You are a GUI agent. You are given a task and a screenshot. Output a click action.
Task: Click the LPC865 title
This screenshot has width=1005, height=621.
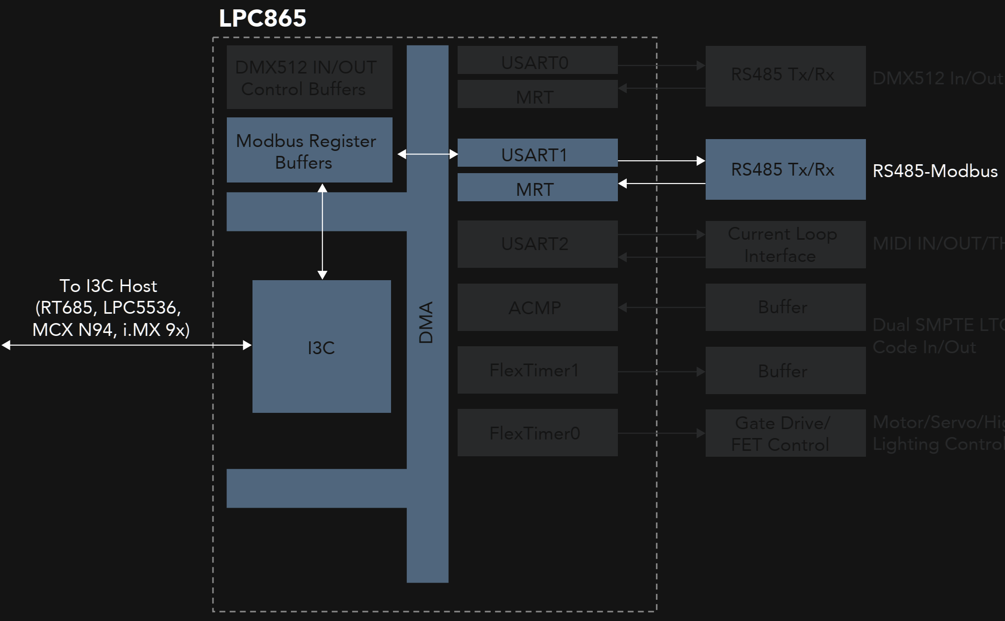(262, 19)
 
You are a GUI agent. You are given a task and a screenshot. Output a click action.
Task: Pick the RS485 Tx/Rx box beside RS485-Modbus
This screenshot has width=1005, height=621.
(785, 169)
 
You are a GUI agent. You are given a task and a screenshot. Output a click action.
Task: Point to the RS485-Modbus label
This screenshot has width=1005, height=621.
(935, 171)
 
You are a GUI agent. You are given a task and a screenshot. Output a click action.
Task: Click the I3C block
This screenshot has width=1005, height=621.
(322, 347)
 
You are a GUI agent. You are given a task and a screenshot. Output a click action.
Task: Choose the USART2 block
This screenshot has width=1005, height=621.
(537, 244)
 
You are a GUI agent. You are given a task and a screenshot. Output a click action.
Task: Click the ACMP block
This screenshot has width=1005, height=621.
(537, 307)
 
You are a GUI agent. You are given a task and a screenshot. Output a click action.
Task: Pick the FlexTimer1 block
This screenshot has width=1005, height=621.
(537, 370)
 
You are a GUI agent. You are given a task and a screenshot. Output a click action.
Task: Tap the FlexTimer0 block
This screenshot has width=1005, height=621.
(537, 433)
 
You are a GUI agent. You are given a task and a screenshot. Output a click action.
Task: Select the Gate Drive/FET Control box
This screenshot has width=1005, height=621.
(785, 433)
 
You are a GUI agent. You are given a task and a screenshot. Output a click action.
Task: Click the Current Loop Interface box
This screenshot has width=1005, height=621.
(785, 245)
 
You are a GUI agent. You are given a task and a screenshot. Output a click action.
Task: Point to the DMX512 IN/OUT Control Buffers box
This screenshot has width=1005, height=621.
(309, 77)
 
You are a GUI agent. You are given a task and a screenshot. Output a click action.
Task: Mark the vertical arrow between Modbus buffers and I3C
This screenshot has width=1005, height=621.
(323, 231)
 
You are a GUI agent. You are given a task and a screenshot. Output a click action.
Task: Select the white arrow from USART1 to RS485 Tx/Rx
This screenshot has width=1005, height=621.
(661, 161)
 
